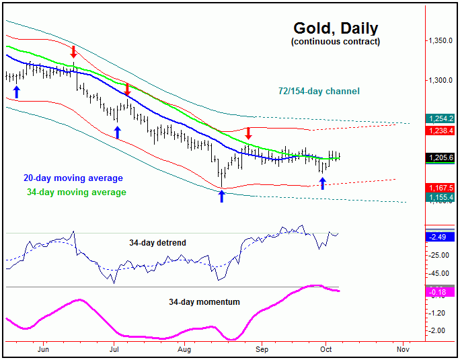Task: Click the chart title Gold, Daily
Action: [x=336, y=29]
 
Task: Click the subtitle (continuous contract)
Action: [x=336, y=42]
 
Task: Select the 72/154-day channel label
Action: [x=319, y=91]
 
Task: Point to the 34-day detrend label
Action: [x=157, y=242]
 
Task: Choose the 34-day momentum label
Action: [x=204, y=302]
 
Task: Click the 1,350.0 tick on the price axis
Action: [x=441, y=40]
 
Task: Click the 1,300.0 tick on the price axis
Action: [x=441, y=81]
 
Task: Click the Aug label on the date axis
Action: [x=185, y=350]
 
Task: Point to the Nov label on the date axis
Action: [x=403, y=350]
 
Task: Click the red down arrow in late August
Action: [x=248, y=133]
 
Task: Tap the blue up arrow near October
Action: [x=322, y=183]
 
